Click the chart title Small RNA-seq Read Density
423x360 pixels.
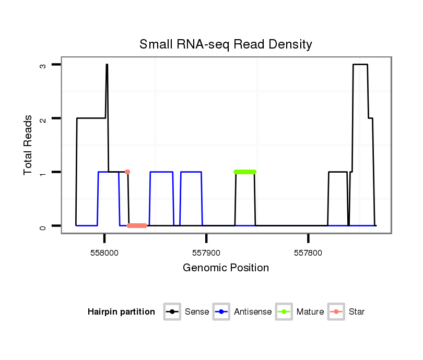[x=226, y=44]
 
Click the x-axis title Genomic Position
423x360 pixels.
[x=226, y=268]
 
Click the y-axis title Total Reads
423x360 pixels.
[x=29, y=145]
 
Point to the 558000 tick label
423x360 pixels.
[x=104, y=253]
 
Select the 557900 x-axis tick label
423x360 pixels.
[x=206, y=253]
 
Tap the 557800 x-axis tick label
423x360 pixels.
[x=308, y=253]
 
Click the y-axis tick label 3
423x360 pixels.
[x=44, y=65]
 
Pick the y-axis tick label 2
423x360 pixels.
[x=44, y=118]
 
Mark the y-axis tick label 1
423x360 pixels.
[x=44, y=172]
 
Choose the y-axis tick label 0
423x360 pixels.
[x=44, y=226]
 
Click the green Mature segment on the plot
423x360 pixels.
[x=245, y=172]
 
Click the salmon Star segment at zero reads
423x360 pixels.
[x=137, y=225]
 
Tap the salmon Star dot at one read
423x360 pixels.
[x=127, y=172]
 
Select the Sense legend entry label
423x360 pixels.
[x=197, y=312]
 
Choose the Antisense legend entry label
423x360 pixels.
[x=253, y=312]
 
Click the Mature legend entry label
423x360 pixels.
[x=310, y=312]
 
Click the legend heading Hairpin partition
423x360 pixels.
[x=121, y=312]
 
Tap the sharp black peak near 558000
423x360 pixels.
[x=107, y=66]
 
